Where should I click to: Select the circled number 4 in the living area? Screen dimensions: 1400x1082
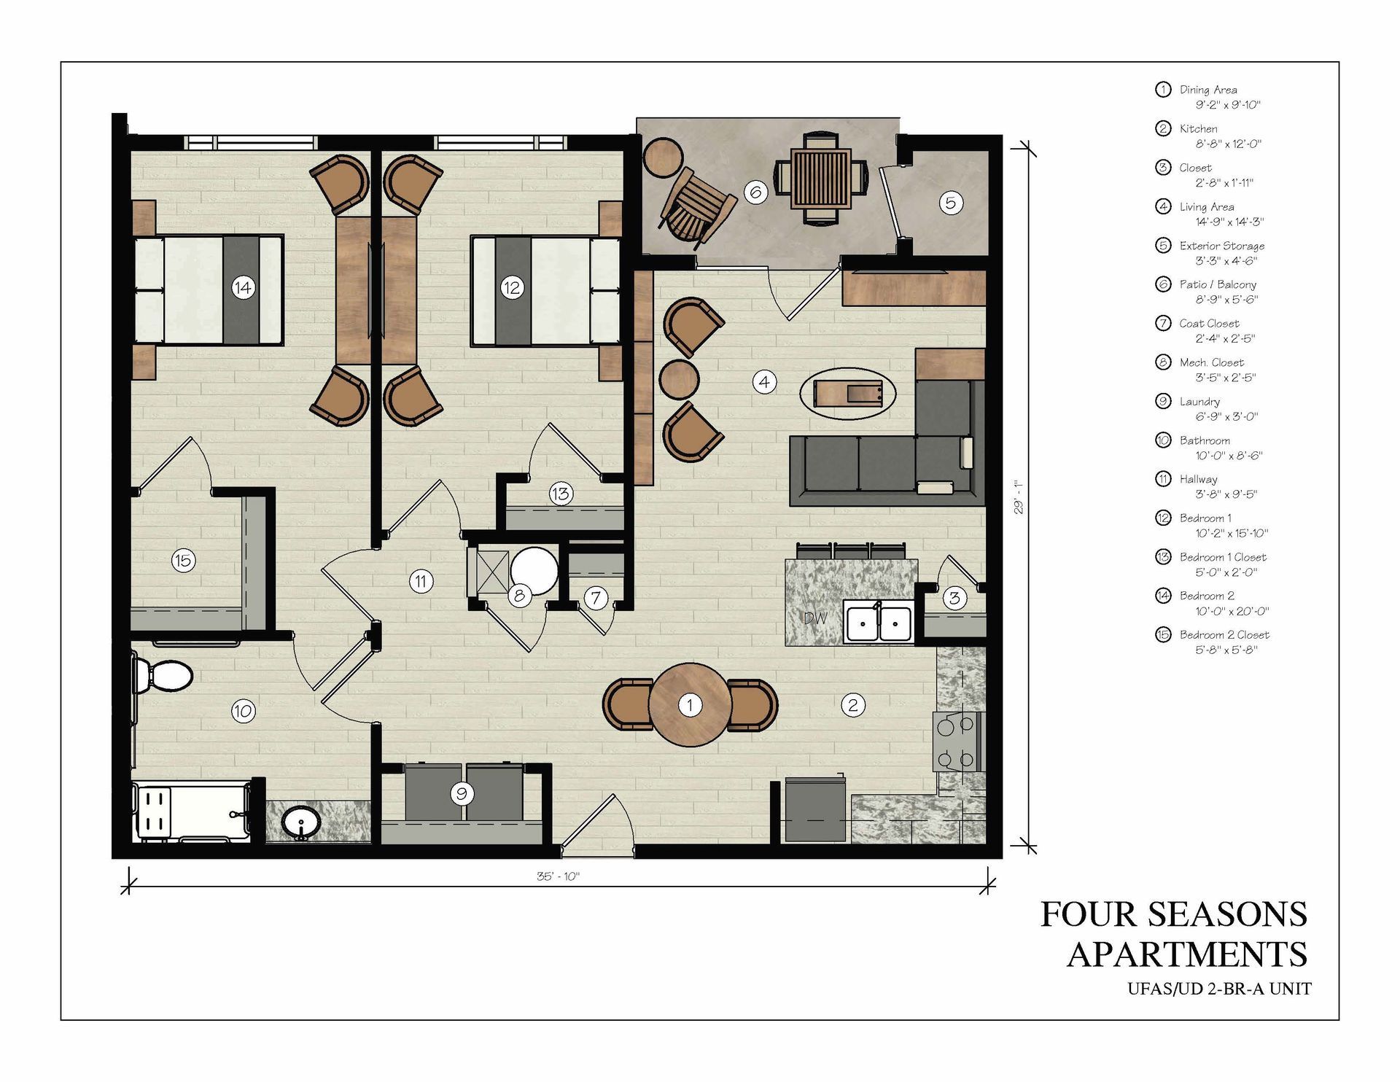764,381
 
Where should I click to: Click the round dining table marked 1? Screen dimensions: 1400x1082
690,704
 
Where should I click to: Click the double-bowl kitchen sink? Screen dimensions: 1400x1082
879,623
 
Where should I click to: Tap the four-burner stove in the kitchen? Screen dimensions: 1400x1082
956,742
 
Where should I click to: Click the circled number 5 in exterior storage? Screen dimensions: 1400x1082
950,203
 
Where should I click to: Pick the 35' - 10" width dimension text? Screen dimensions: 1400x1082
558,876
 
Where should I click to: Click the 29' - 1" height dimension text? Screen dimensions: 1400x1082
1019,497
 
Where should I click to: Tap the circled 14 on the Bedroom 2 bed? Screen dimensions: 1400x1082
243,288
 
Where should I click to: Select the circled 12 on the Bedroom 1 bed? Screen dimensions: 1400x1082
511,288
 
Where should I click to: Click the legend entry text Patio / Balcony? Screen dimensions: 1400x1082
1218,284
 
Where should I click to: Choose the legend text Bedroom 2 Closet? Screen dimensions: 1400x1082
1224,635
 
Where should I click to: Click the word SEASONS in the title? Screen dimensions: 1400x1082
1229,914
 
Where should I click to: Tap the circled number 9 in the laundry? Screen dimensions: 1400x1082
461,793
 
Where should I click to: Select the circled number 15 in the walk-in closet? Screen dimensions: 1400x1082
183,561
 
